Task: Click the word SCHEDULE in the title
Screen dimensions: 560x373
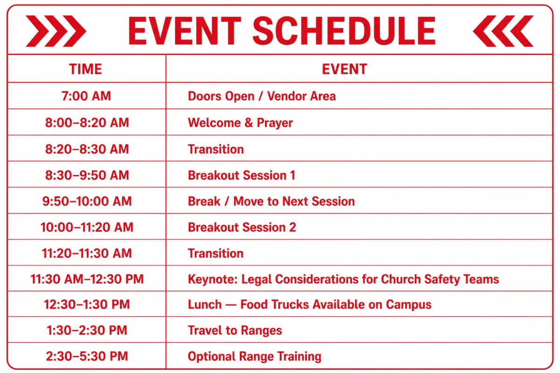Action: click(344, 31)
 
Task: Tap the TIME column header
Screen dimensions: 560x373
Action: click(86, 69)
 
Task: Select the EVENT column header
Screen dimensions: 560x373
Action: click(344, 69)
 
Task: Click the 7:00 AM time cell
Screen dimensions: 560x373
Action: click(86, 96)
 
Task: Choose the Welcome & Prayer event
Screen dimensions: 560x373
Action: click(240, 123)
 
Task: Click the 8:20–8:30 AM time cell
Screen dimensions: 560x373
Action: click(87, 149)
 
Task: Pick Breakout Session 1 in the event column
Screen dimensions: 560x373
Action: click(242, 175)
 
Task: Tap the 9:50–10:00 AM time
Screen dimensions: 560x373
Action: click(87, 201)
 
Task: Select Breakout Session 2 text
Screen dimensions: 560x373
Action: click(242, 228)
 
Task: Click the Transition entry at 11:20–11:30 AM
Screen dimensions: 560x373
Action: click(216, 253)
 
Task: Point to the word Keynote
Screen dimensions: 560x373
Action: click(213, 279)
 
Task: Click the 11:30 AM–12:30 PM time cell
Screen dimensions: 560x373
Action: click(87, 279)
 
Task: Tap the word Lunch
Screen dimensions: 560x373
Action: click(205, 304)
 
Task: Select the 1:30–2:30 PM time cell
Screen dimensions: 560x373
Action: click(87, 330)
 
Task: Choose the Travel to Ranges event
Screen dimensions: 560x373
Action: click(235, 331)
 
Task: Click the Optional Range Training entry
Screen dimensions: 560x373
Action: click(254, 357)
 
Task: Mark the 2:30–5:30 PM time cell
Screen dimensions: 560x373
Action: click(87, 356)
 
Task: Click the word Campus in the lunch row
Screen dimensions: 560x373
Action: click(408, 305)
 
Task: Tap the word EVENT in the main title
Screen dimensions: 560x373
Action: click(184, 31)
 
